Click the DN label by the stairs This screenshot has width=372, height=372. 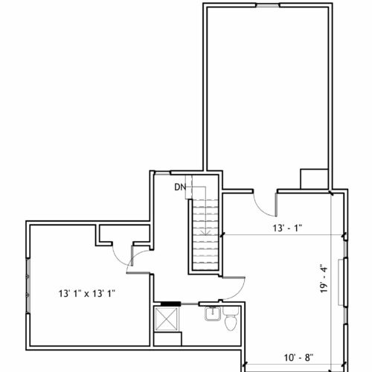pyautogui.click(x=180, y=187)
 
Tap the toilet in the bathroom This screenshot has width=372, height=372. pyautogui.click(x=231, y=319)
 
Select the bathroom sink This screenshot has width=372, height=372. pyautogui.click(x=213, y=313)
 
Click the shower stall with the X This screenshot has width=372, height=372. pyautogui.click(x=167, y=319)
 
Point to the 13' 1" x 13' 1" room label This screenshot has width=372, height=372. pyautogui.click(x=87, y=294)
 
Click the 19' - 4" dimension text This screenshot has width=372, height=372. pyautogui.click(x=324, y=280)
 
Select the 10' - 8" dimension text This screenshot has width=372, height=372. pyautogui.click(x=298, y=358)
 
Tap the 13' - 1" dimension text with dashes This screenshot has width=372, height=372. pyautogui.click(x=287, y=228)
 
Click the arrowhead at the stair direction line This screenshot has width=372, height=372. pyautogui.click(x=205, y=233)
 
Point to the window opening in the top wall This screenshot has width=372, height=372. pyautogui.click(x=268, y=5)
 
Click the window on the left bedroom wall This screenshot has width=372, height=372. pyautogui.click(x=28, y=286)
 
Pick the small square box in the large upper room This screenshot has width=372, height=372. pyautogui.click(x=314, y=179)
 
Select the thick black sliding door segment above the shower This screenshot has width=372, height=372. pyautogui.click(x=170, y=304)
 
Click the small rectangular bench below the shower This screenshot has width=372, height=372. pyautogui.click(x=167, y=339)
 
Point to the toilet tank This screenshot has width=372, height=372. pyautogui.click(x=231, y=310)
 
